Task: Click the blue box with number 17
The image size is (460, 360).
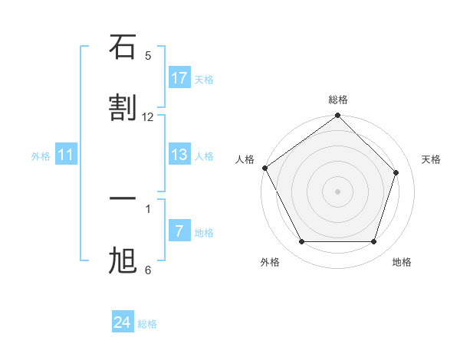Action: click(x=179, y=78)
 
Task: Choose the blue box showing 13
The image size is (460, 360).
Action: click(x=179, y=155)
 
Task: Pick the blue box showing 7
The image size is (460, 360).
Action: click(x=179, y=231)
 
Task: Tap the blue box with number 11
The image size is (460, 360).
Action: click(x=66, y=155)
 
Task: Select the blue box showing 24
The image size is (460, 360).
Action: click(x=122, y=322)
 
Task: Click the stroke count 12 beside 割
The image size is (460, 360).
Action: click(x=148, y=116)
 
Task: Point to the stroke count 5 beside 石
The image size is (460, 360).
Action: click(x=148, y=55)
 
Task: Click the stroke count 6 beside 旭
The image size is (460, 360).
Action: click(x=148, y=270)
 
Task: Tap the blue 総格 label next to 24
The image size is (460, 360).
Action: click(x=147, y=324)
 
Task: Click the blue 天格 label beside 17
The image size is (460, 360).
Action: click(x=203, y=80)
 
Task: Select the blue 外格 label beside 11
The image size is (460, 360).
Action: click(x=41, y=156)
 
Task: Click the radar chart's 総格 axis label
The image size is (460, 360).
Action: click(x=338, y=100)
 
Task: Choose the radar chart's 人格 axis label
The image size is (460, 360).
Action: click(x=245, y=159)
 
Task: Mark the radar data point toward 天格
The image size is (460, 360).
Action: click(x=396, y=172)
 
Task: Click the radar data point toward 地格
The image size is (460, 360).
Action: click(x=374, y=242)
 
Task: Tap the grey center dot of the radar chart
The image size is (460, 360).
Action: click(x=338, y=191)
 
